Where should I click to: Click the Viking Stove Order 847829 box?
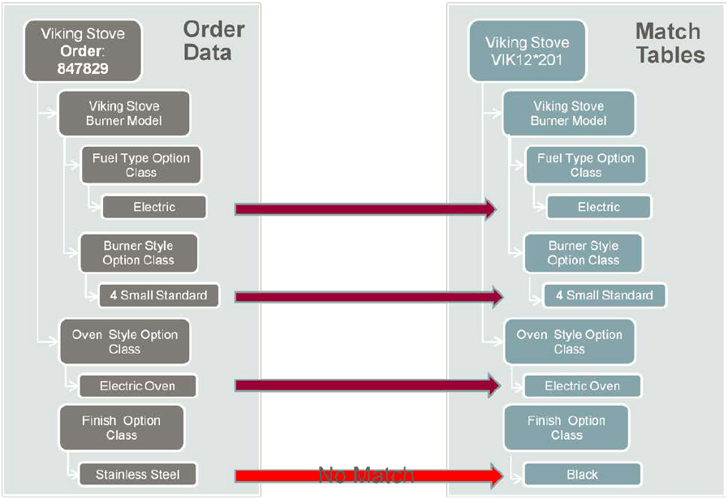tap(83, 50)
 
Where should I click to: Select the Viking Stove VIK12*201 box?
tap(527, 50)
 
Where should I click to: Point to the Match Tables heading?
tap(670, 43)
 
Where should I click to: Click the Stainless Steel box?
tap(138, 475)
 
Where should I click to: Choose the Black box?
tap(582, 475)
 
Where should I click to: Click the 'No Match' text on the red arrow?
tap(365, 475)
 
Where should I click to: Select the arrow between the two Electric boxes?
tap(365, 209)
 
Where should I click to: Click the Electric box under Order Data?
tap(154, 208)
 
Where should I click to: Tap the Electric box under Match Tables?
tap(598, 208)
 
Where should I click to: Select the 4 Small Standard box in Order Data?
tap(159, 295)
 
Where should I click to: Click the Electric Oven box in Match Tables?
tap(582, 386)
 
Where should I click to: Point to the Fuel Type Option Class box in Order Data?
tap(140, 165)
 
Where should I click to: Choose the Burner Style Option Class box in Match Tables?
tap(583, 253)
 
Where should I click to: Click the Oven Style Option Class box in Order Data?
tap(124, 342)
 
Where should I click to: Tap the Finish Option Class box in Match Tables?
tap(566, 428)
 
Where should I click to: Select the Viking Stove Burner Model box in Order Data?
tap(123, 113)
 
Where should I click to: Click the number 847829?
tap(83, 69)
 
